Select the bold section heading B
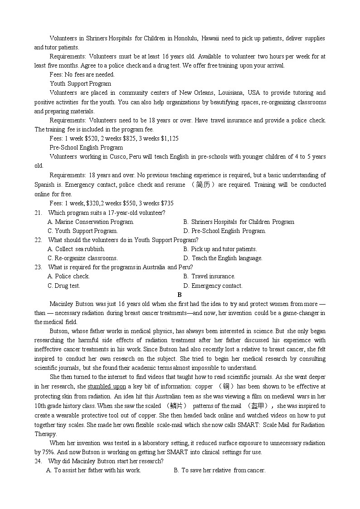180,295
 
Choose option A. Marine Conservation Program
91,222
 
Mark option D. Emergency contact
213,286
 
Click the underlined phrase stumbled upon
107,387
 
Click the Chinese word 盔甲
259,406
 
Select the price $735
165,203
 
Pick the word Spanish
44,184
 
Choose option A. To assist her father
94,470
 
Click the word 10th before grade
40,406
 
